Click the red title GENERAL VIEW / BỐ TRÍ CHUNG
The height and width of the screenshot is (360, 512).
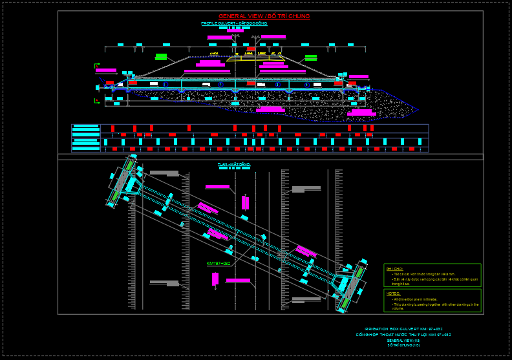tap(264, 16)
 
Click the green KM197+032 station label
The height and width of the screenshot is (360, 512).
tap(219, 264)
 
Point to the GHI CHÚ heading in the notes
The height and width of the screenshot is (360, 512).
tap(394, 268)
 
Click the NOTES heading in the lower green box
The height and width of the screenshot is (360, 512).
tap(393, 293)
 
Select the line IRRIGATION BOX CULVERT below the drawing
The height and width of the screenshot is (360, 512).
tap(407, 329)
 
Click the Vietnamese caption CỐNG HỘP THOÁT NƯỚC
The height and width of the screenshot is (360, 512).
tap(407, 335)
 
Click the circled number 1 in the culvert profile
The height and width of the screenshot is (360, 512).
tap(164, 85)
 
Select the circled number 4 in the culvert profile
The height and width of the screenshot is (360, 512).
tap(307, 85)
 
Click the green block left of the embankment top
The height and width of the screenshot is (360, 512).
tap(161, 57)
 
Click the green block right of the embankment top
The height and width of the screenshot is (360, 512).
tap(311, 58)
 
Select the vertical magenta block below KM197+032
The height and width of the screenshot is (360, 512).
tap(215, 279)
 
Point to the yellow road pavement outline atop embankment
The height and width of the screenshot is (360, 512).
tap(256, 58)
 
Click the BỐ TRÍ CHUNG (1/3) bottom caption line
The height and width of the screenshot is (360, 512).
tap(403, 345)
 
